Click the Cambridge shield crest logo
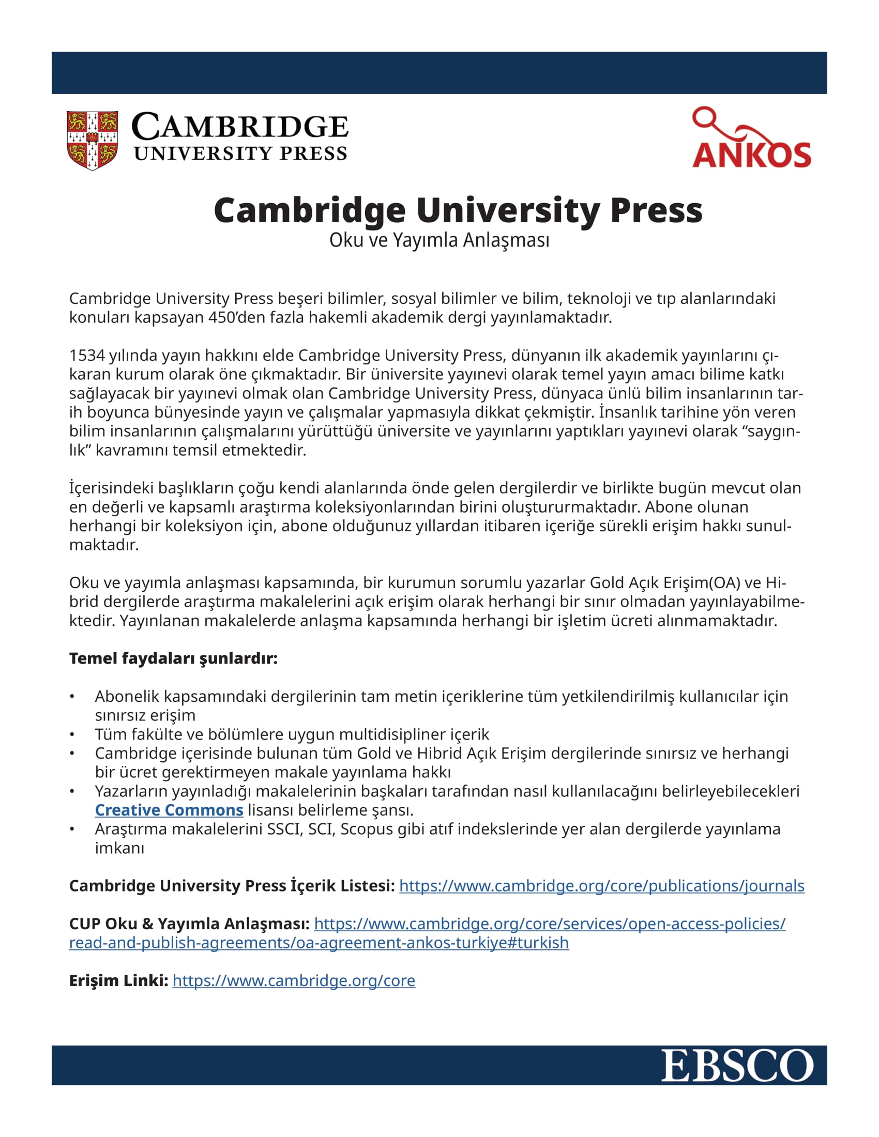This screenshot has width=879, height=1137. tap(92, 140)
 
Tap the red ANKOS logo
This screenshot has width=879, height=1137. tap(751, 139)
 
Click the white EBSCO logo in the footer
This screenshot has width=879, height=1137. tap(737, 1066)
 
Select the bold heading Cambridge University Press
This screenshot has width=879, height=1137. tap(458, 210)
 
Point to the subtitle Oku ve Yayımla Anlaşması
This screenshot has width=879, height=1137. tap(439, 240)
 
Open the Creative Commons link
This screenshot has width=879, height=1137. tap(169, 810)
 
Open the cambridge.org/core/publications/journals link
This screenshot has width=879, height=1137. tap(601, 885)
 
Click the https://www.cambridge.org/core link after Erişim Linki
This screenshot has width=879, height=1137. tap(294, 980)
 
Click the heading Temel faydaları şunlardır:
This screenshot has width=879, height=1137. tap(173, 658)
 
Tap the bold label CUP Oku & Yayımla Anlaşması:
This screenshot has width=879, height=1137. tap(189, 924)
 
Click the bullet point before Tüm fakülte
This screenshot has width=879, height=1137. tap(72, 734)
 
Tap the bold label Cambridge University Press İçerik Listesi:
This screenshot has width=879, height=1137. tap(232, 885)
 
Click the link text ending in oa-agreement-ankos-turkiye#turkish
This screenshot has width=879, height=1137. tap(319, 943)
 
